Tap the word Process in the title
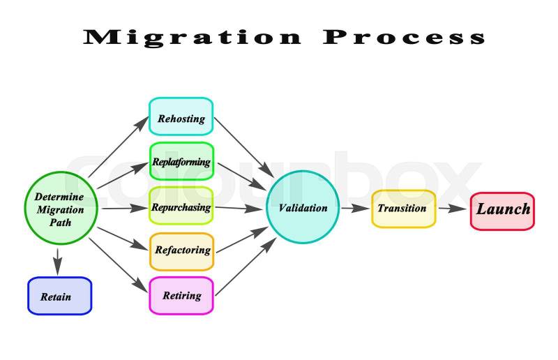pyautogui.click(x=404, y=37)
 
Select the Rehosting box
pyautogui.click(x=181, y=117)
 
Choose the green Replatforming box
pyautogui.click(x=181, y=162)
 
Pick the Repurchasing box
pyautogui.click(x=181, y=207)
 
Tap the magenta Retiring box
pyautogui.click(x=181, y=295)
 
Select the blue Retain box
pyautogui.click(x=59, y=296)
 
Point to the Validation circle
pyautogui.click(x=302, y=208)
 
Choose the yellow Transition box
pyautogui.click(x=403, y=208)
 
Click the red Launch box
pyautogui.click(x=502, y=210)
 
